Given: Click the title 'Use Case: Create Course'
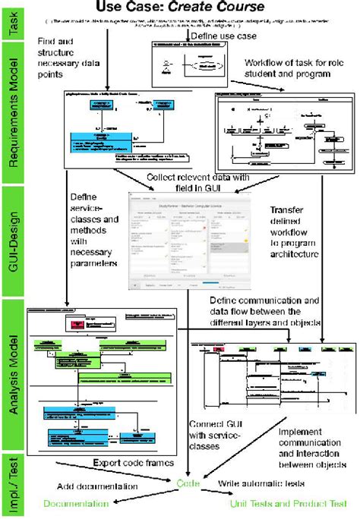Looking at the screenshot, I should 179,8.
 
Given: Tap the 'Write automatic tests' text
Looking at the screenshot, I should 262,483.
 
